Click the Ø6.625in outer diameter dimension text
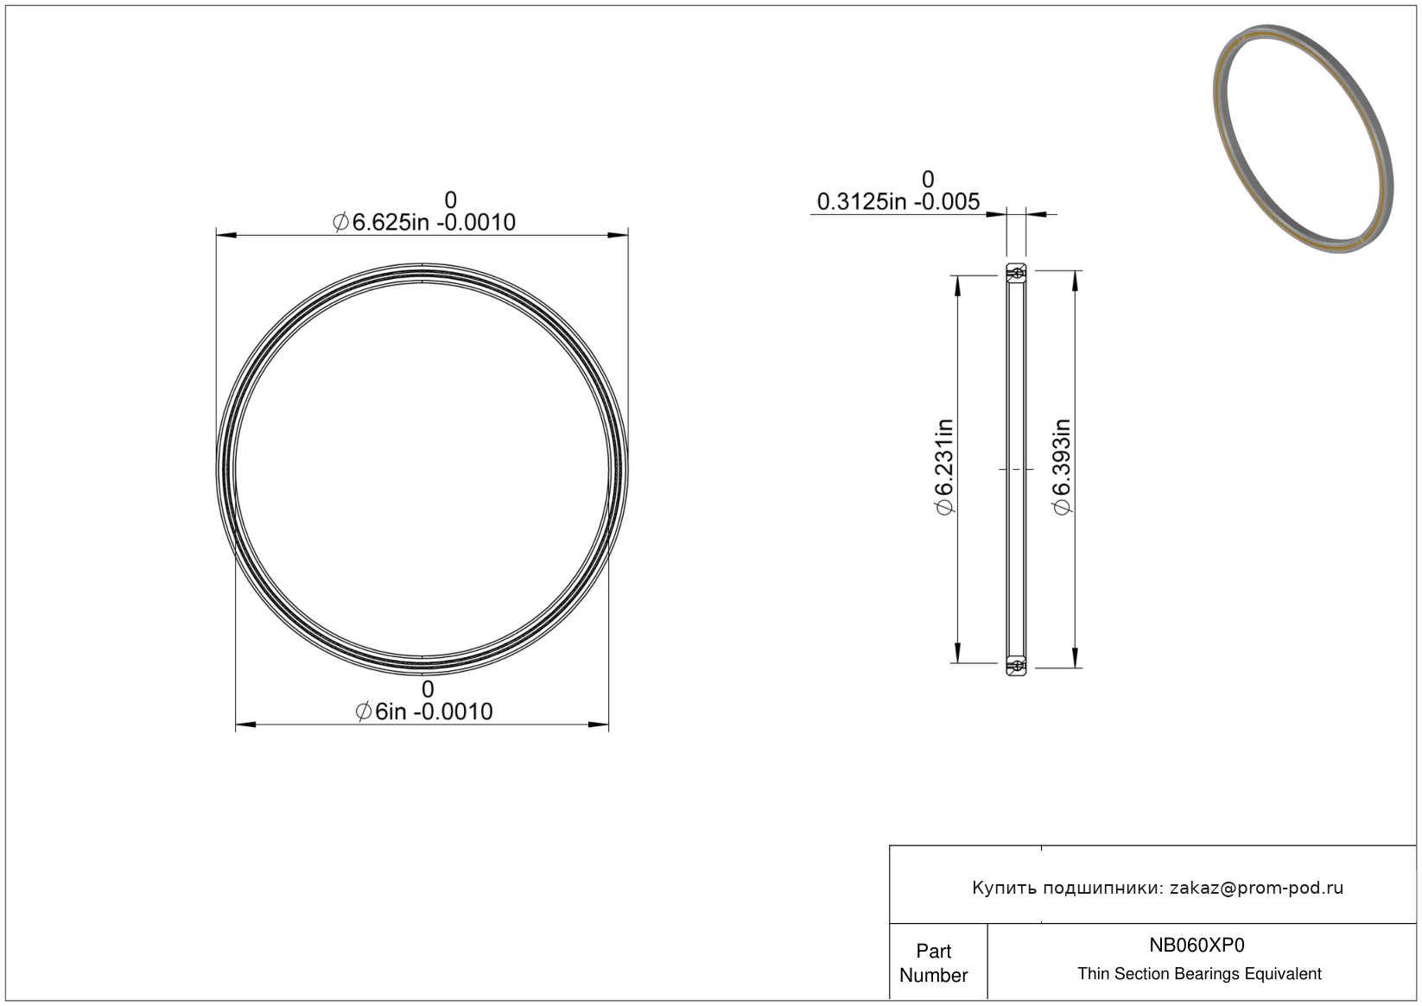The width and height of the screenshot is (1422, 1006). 423,222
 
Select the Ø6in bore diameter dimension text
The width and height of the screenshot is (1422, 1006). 423,712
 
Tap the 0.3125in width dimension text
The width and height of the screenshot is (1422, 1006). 898,202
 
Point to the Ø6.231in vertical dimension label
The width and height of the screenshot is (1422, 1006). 944,467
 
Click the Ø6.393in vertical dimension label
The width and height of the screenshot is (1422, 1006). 1062,467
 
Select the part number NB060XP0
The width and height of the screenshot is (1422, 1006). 1197,945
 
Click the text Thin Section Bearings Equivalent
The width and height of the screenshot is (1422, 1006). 1199,974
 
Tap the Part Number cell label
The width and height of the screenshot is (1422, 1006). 933,963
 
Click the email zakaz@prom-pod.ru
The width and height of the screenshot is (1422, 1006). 1256,888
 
